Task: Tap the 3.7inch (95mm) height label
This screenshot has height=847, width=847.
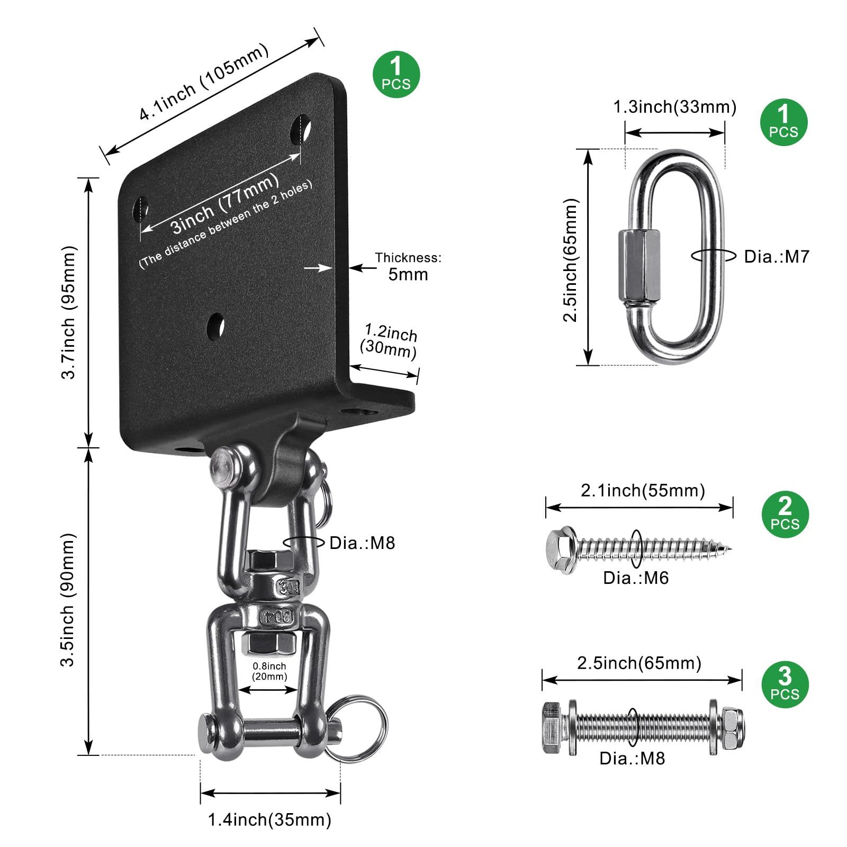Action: pyautogui.click(x=69, y=312)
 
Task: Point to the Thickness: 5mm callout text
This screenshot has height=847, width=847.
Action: pyautogui.click(x=408, y=266)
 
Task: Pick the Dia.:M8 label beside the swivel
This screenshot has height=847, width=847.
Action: pyautogui.click(x=362, y=543)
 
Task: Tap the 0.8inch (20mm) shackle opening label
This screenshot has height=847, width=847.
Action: pyautogui.click(x=269, y=671)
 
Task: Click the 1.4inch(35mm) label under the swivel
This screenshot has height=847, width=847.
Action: pyautogui.click(x=269, y=820)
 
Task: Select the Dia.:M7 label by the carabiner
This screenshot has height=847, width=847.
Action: pyautogui.click(x=777, y=257)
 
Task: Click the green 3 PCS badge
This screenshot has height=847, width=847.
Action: pyautogui.click(x=785, y=684)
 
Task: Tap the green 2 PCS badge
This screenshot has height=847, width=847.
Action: pyautogui.click(x=785, y=515)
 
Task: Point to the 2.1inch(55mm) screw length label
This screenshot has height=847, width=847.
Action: pyautogui.click(x=643, y=491)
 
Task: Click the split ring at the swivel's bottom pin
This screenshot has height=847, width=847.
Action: pyautogui.click(x=355, y=728)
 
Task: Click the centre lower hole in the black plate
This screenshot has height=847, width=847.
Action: pyautogui.click(x=215, y=326)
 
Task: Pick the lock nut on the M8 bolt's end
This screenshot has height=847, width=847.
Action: pyautogui.click(x=733, y=728)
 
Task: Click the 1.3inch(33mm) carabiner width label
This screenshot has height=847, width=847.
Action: pyautogui.click(x=674, y=107)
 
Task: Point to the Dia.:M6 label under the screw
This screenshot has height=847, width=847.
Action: pyautogui.click(x=636, y=578)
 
